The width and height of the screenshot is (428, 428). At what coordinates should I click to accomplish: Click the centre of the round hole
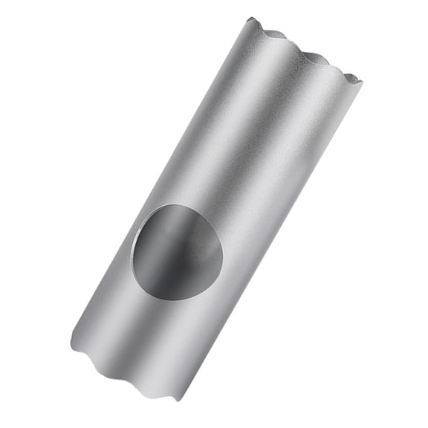(x=177, y=252)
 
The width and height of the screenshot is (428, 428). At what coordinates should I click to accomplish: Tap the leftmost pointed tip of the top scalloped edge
(x=250, y=19)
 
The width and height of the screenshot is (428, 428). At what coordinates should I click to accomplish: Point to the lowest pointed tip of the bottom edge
(x=181, y=401)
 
